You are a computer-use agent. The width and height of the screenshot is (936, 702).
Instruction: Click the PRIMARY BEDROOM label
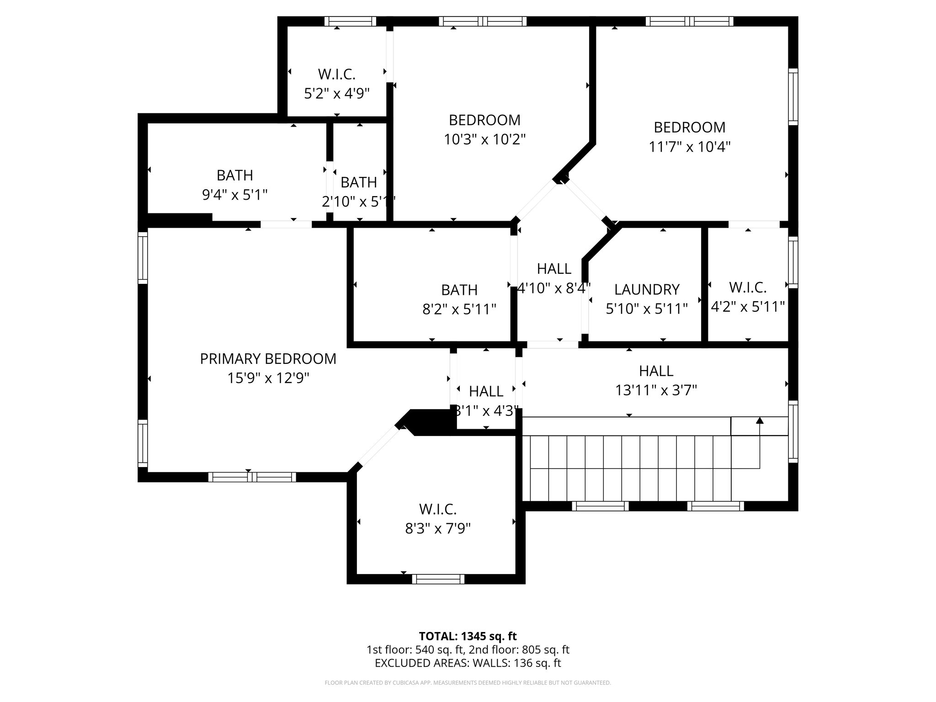(x=268, y=359)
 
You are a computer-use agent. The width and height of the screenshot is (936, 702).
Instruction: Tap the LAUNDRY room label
(x=647, y=289)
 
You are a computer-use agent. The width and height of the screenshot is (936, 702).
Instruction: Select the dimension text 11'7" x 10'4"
(x=689, y=147)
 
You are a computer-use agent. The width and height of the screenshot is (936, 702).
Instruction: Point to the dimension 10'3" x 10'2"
(x=484, y=139)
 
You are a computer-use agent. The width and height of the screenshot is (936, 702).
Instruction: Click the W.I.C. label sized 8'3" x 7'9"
(x=438, y=509)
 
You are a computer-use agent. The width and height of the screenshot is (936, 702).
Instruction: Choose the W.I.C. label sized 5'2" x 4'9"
(x=336, y=74)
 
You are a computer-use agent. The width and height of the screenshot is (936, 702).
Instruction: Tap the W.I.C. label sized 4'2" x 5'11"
(x=748, y=287)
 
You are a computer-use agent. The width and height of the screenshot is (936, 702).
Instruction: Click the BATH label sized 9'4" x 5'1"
(x=234, y=175)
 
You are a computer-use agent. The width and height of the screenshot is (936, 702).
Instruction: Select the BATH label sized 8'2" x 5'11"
(x=459, y=290)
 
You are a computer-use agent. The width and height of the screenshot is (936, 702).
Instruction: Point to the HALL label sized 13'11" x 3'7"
(x=656, y=370)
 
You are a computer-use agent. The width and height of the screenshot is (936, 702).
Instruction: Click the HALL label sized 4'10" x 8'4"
(x=554, y=269)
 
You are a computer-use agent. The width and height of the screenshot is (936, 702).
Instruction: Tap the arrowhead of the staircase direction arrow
(x=760, y=420)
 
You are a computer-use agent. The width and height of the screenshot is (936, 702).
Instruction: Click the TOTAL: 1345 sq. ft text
(x=468, y=636)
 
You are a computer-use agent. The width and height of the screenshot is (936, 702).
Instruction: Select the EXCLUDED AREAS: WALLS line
(x=468, y=663)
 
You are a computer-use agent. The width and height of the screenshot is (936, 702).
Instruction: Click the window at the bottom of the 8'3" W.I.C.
(x=438, y=579)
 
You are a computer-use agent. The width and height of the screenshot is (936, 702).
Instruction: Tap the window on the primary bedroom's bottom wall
(x=252, y=477)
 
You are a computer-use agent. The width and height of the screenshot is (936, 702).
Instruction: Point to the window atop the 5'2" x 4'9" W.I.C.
(x=350, y=21)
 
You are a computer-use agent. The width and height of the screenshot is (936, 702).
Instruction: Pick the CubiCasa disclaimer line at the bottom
(x=468, y=683)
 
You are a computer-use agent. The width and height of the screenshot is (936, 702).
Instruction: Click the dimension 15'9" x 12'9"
(x=268, y=378)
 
